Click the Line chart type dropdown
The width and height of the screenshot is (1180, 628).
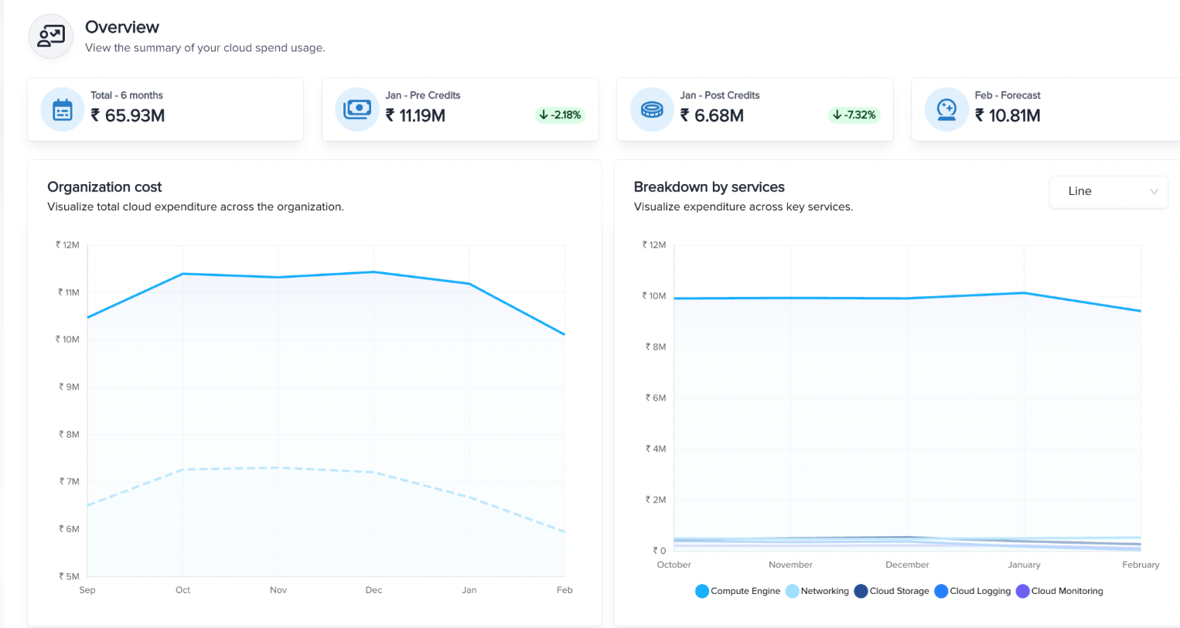click(1108, 191)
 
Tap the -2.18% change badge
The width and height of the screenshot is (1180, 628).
click(560, 115)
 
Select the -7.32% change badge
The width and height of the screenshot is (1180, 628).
click(854, 115)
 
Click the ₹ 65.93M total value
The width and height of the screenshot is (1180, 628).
click(128, 115)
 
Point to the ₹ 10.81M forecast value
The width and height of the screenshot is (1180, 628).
click(1008, 115)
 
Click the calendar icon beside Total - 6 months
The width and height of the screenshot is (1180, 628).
click(62, 110)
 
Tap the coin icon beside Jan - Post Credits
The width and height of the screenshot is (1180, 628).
click(652, 110)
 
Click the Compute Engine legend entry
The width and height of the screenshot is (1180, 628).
click(738, 591)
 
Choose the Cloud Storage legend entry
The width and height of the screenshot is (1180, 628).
click(892, 591)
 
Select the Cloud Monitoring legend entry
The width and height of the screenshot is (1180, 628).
click(1059, 591)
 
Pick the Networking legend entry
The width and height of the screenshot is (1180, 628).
click(817, 591)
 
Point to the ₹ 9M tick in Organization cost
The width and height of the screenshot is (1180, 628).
click(69, 387)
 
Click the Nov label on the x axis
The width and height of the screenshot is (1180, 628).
click(278, 590)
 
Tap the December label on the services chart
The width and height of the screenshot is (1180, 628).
click(907, 565)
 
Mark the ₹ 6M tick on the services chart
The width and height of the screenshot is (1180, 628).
click(655, 398)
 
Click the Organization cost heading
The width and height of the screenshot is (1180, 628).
click(104, 187)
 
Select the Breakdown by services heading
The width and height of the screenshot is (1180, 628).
click(709, 187)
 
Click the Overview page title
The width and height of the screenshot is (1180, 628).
click(121, 27)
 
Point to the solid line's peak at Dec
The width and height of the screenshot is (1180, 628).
click(373, 272)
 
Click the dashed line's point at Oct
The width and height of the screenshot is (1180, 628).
click(182, 469)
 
